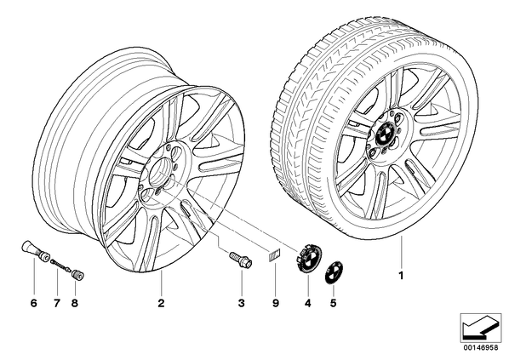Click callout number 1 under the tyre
401,276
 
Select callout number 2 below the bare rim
161,304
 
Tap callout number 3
241,304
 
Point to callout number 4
308,304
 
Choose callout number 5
334,304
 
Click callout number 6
34,304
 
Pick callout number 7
57,304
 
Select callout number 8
75,304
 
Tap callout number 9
275,304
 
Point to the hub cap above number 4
308,258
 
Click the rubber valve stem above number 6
35,251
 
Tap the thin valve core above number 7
60,264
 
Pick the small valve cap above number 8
78,274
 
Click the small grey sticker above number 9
274,255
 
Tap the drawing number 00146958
480,347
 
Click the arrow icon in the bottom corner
481,326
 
